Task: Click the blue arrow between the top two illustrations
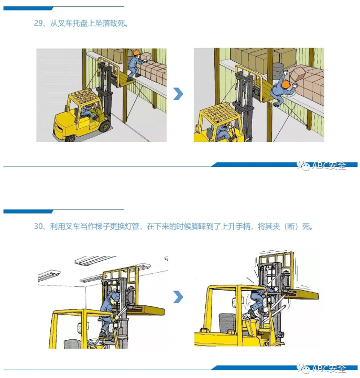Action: (x=179, y=94)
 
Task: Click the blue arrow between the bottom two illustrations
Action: (x=179, y=297)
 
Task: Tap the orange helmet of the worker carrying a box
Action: (x=136, y=52)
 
